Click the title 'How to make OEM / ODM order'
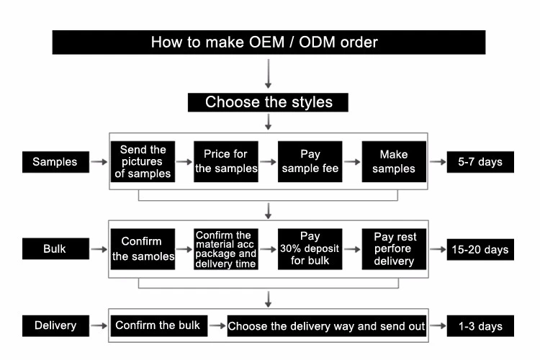coord(269,42)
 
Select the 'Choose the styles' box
coord(269,102)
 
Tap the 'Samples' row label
coord(55,162)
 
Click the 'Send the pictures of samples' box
coord(143,161)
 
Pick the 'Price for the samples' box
coord(226,161)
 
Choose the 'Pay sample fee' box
coord(310,161)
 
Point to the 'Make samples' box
coord(394,161)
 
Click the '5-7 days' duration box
coord(480,162)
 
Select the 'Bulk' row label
coord(55,250)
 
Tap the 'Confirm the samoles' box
coord(143,249)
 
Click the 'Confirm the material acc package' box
coord(226,249)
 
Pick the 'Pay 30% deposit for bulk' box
coord(310,249)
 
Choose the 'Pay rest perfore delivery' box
coord(394,249)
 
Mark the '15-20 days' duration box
coord(480,250)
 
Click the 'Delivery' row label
coord(55,325)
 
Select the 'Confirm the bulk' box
coord(158,325)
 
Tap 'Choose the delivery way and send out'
coord(326,325)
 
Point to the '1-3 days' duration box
coord(480,325)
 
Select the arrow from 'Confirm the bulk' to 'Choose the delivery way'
coord(216,325)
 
